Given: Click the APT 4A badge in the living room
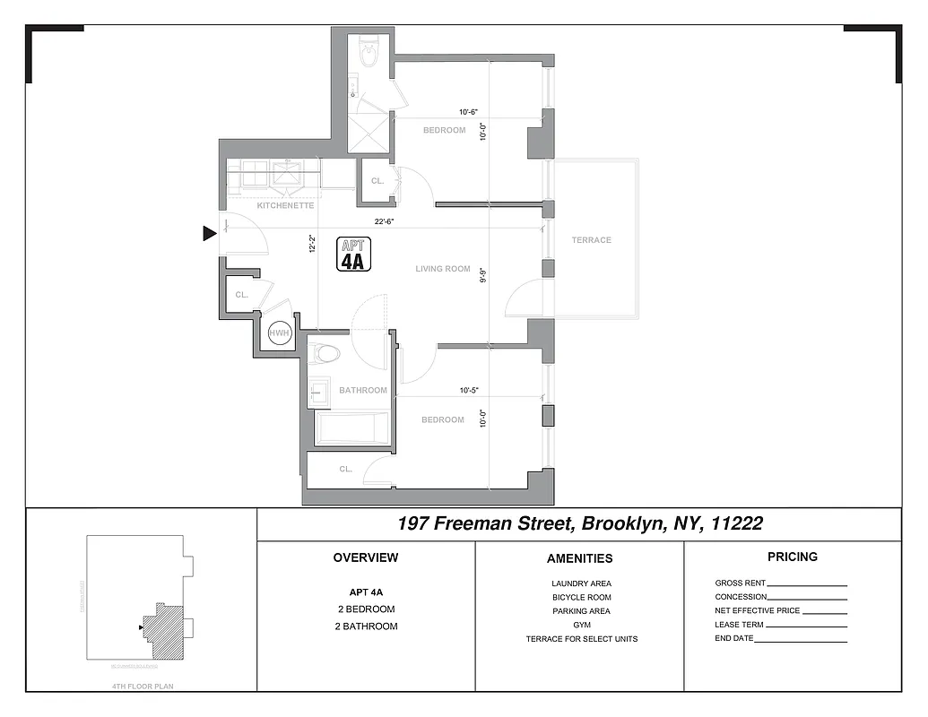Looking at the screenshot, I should pyautogui.click(x=353, y=254).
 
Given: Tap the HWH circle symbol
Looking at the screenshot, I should pyautogui.click(x=280, y=333).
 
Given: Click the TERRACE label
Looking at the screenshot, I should pyautogui.click(x=592, y=240).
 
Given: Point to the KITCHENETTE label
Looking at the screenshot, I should pyautogui.click(x=285, y=206).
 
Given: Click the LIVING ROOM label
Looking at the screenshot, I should pyautogui.click(x=443, y=269).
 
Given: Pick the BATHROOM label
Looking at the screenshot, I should pyautogui.click(x=363, y=391).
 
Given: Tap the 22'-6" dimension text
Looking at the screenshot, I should pyautogui.click(x=386, y=222).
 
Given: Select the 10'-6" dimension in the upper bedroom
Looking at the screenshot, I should pyautogui.click(x=468, y=112).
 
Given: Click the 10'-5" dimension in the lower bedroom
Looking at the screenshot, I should pyautogui.click(x=468, y=390).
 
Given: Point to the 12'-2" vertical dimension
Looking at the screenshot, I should pyautogui.click(x=312, y=244).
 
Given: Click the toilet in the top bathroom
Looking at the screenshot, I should pyautogui.click(x=369, y=55).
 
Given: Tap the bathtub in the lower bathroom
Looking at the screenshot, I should pyautogui.click(x=353, y=428).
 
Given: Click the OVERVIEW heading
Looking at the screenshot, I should pyautogui.click(x=365, y=557).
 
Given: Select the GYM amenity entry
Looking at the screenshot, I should pyautogui.click(x=582, y=626).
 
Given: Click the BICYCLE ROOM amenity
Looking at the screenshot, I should pyautogui.click(x=582, y=598).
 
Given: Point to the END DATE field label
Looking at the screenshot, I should pyautogui.click(x=734, y=639).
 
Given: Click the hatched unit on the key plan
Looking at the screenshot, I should pyautogui.click(x=164, y=631).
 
